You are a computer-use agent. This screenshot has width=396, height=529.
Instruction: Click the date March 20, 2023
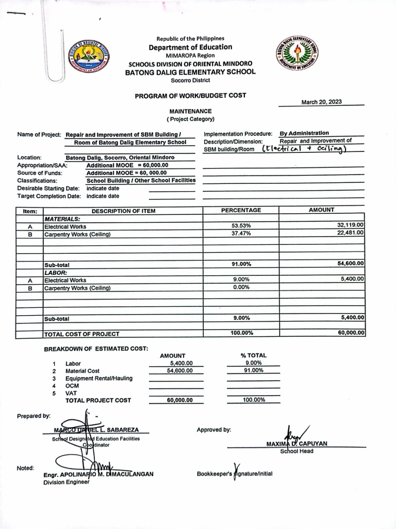[321, 102]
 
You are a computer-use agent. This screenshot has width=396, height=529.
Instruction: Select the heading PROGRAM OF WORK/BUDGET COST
[190, 96]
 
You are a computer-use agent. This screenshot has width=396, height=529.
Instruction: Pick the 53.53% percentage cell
[241, 226]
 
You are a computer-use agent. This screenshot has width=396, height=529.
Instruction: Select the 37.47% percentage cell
[241, 234]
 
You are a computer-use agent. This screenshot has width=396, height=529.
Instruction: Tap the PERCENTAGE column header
[241, 210]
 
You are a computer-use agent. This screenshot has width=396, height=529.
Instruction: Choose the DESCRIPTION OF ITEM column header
[123, 211]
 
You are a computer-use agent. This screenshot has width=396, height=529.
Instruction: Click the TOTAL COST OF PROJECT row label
[82, 334]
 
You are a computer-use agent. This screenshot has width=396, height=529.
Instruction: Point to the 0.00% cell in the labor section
[241, 288]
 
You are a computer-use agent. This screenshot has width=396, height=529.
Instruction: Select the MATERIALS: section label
[62, 219]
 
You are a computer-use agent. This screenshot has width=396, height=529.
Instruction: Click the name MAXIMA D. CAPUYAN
[297, 444]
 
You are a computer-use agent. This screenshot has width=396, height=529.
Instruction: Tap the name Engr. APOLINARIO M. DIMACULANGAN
[98, 474]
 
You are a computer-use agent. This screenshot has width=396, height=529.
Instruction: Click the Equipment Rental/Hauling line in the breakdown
[98, 378]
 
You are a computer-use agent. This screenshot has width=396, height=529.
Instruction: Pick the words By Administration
[304, 133]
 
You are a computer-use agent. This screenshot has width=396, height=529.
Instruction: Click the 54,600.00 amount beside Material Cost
[179, 371]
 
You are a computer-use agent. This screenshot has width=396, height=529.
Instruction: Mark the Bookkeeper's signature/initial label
[235, 474]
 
